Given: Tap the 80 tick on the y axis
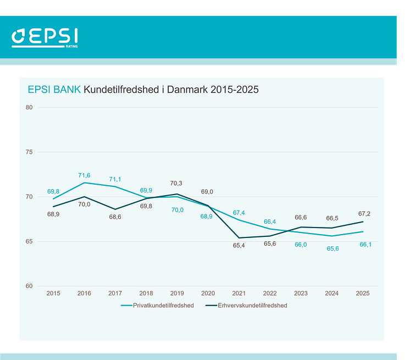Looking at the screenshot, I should [29, 107].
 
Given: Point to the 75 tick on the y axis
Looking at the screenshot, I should [29, 152].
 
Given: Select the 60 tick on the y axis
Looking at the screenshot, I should [29, 286].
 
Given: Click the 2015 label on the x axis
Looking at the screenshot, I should [53, 294].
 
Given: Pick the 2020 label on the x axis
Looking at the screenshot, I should [208, 294].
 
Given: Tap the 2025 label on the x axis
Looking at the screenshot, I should [363, 294].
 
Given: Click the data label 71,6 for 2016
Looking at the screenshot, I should [84, 175].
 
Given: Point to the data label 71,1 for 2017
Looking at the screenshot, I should [115, 179].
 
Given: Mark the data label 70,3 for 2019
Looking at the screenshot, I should [177, 184].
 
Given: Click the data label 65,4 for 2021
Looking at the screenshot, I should [239, 246].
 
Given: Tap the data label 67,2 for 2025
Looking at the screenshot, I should [363, 213].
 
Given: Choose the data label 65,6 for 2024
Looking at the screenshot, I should [332, 249].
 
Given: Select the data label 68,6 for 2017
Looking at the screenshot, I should [115, 218].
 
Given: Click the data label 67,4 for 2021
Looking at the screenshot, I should [239, 213].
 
